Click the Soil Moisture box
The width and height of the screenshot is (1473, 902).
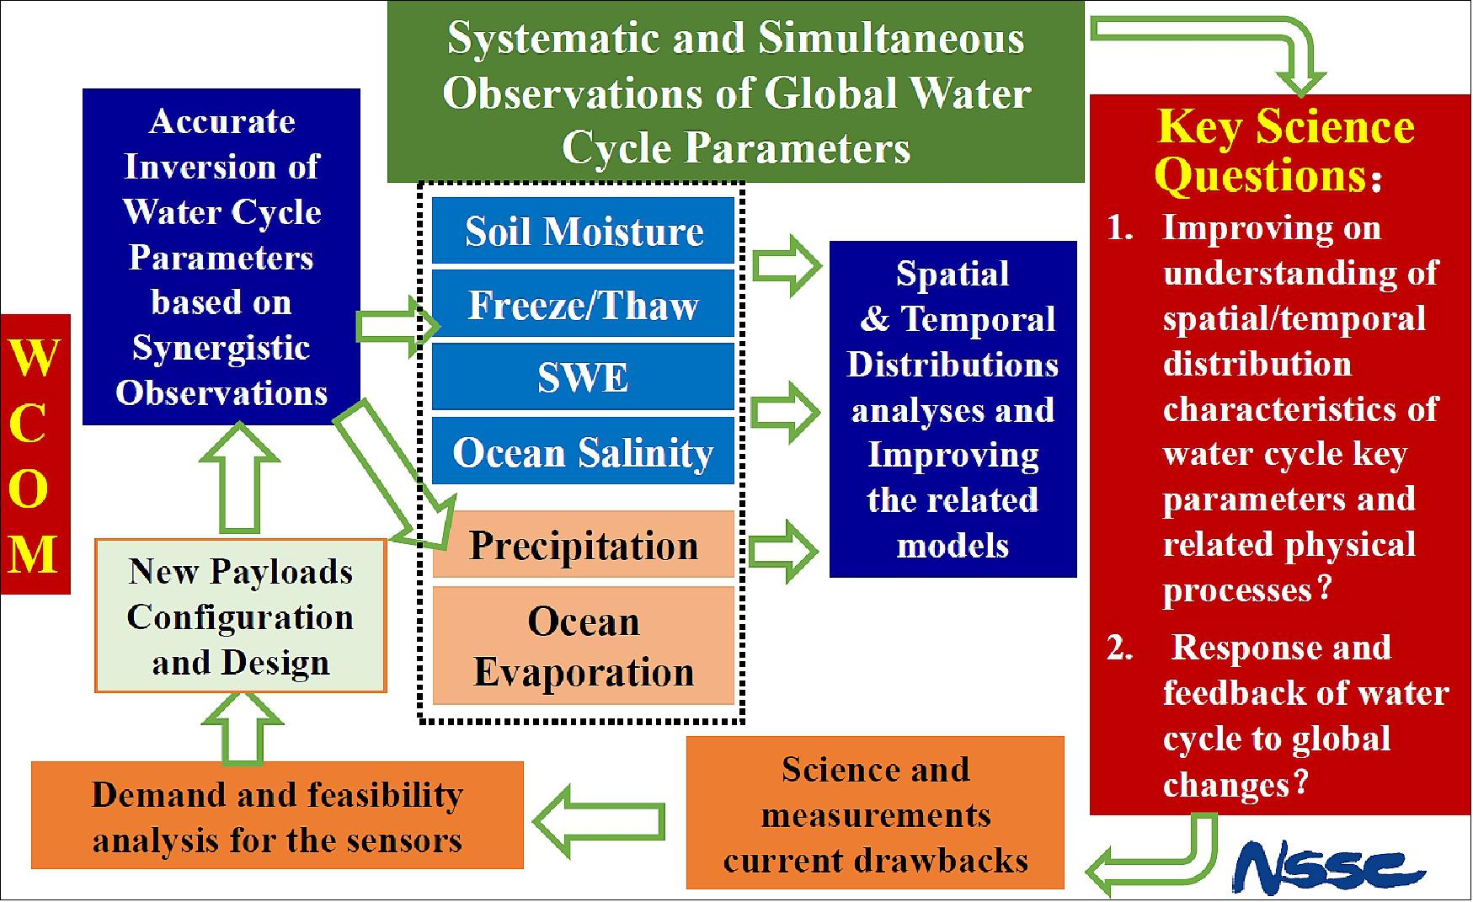click(x=583, y=230)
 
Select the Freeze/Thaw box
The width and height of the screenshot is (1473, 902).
click(x=583, y=304)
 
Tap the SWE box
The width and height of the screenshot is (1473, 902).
click(x=583, y=377)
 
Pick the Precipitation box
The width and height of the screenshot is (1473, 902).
click(x=583, y=544)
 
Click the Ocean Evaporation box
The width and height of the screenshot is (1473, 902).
click(x=583, y=646)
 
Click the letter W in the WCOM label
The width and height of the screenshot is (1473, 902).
click(x=34, y=357)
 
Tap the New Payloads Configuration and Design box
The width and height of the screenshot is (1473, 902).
click(x=240, y=616)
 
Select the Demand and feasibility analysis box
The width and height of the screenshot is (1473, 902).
click(x=277, y=815)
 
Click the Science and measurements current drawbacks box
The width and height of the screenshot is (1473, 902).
click(x=875, y=813)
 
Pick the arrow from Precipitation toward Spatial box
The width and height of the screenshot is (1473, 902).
click(x=784, y=552)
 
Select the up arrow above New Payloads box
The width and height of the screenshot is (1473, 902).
click(x=240, y=478)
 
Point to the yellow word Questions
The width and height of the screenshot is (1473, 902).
click(x=1260, y=176)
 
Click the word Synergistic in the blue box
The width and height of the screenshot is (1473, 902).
click(x=221, y=348)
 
